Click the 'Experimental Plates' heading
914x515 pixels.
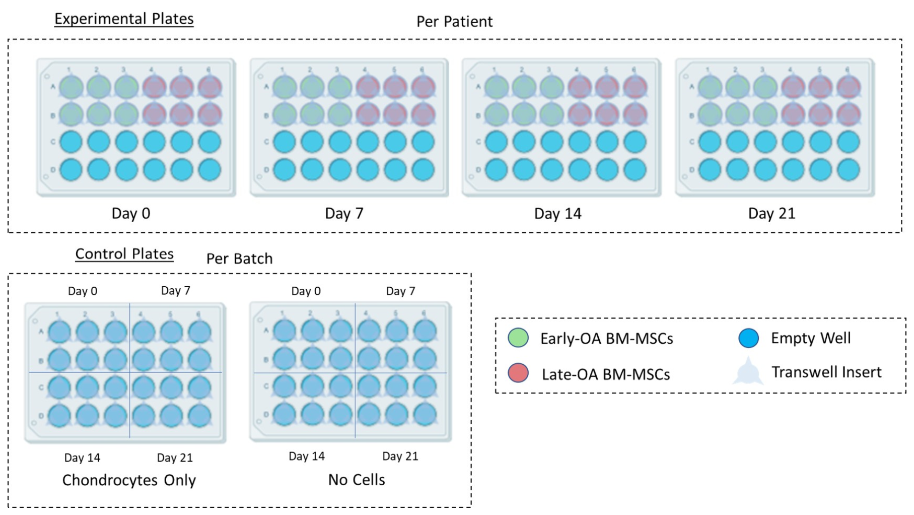click(124, 19)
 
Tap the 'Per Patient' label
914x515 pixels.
click(454, 22)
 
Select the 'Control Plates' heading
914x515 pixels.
click(124, 253)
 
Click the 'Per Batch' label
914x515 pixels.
click(239, 259)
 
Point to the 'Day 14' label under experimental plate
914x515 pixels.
click(557, 214)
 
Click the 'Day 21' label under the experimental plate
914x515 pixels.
click(771, 213)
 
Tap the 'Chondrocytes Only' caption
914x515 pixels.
click(129, 480)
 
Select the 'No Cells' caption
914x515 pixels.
click(357, 480)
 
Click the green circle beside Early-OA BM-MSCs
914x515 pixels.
click(518, 338)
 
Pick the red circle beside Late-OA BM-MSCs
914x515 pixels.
click(518, 373)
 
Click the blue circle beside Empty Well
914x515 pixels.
click(748, 338)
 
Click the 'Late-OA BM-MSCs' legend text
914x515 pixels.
click(606, 374)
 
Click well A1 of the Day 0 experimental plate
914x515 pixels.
click(71, 87)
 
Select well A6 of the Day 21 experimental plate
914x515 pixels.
click(849, 87)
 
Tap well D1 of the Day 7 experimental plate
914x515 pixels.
click(285, 170)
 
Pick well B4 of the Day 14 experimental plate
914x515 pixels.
click(580, 114)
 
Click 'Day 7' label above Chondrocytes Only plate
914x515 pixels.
click(175, 291)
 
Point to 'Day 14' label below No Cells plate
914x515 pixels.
click(306, 456)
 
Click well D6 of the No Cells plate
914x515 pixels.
click(425, 414)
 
